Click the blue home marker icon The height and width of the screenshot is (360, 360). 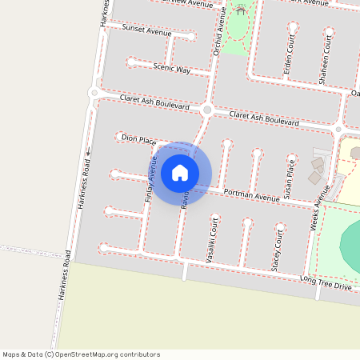pos(180,172)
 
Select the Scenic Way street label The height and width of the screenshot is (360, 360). pos(172,70)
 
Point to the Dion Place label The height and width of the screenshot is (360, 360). pos(138,139)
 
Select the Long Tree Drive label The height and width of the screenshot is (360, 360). pos(326,282)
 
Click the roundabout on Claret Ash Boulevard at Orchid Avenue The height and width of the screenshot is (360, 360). pos(207,110)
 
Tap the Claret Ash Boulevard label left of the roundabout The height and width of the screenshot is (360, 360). pos(154,102)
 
